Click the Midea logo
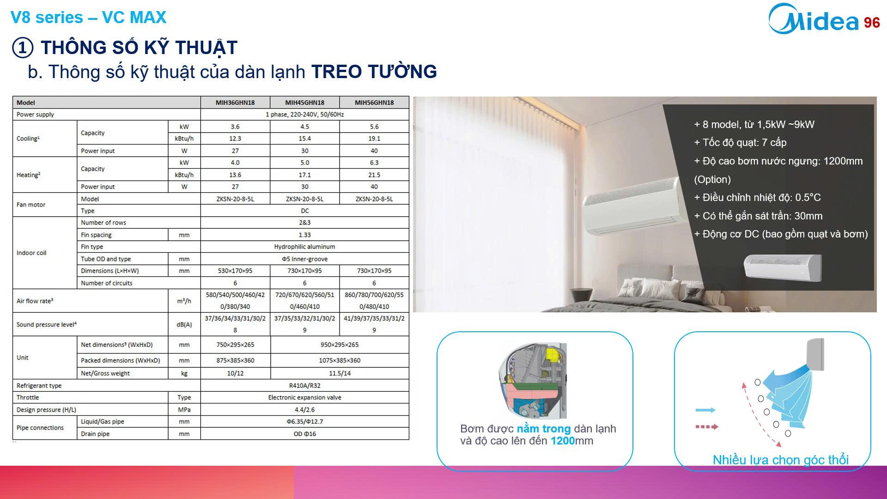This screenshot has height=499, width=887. [x=813, y=19]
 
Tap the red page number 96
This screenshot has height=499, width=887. [x=872, y=23]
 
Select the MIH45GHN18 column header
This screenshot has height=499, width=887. [x=304, y=103]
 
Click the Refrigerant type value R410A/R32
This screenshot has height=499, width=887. [x=304, y=385]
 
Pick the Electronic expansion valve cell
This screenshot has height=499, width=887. [x=304, y=397]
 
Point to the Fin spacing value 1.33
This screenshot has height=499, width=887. [x=304, y=235]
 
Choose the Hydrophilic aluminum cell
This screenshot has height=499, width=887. [x=304, y=247]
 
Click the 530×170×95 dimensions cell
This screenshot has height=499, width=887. [x=235, y=271]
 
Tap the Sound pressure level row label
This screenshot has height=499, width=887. [x=47, y=324]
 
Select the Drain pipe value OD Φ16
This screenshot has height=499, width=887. [x=304, y=434]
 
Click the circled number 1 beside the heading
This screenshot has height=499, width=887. [x=23, y=48]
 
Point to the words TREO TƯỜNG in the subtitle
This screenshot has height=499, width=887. [x=374, y=72]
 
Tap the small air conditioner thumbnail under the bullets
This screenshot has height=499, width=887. [x=783, y=268]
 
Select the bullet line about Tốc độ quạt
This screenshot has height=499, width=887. [x=740, y=143]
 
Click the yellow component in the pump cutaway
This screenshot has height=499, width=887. [x=553, y=354]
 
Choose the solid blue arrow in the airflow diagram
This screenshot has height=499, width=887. [x=705, y=410]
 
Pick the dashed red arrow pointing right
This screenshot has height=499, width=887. [x=707, y=427]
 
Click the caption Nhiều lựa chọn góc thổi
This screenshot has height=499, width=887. [x=781, y=460]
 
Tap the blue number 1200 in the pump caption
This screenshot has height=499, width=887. [x=563, y=441]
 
